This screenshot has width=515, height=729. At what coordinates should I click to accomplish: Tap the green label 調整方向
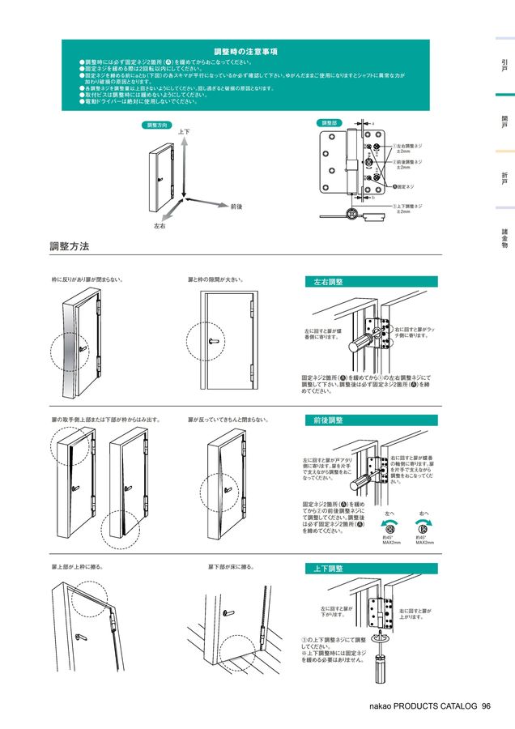tap(157, 126)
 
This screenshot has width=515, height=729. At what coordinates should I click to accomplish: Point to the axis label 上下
tap(184, 131)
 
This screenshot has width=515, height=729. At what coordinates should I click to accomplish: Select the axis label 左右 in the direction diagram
tap(160, 224)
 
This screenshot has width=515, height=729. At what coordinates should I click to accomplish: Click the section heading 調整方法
tap(70, 245)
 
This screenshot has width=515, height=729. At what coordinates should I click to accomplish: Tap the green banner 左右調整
tap(329, 282)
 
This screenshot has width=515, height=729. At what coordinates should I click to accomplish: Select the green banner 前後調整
tap(329, 420)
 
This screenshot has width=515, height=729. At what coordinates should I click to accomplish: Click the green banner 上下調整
tap(329, 569)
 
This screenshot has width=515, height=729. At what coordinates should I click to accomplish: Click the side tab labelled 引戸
tap(504, 66)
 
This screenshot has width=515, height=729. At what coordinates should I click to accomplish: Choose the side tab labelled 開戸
tap(504, 122)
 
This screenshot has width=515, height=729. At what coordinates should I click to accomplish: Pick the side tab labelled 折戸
tap(504, 179)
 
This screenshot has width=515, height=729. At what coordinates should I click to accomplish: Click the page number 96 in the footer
tap(486, 706)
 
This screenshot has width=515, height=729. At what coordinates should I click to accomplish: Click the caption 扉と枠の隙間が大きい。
tap(216, 279)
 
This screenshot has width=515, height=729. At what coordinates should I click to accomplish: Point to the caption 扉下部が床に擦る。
tap(232, 567)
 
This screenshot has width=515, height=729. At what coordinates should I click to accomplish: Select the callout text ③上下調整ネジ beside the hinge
tap(407, 206)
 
